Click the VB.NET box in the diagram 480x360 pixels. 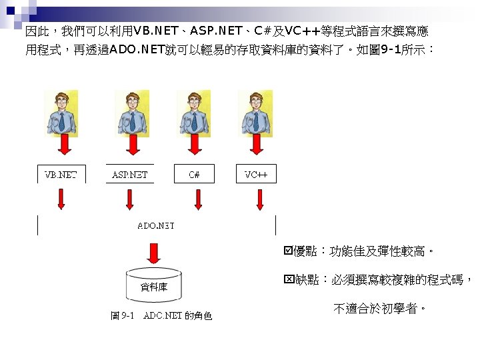click(61, 175)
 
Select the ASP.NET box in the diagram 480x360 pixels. click(130, 175)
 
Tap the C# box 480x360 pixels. click(194, 175)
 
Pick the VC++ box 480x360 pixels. click(256, 175)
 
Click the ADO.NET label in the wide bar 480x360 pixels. click(156, 225)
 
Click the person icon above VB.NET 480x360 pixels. click(61, 112)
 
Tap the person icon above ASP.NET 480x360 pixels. click(131, 112)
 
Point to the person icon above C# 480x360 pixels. click(194, 112)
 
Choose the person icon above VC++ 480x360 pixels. click(255, 112)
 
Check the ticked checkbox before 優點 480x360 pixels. click(288, 251)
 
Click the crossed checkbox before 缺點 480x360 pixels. click(288, 281)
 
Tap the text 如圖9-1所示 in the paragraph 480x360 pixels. click(394, 50)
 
